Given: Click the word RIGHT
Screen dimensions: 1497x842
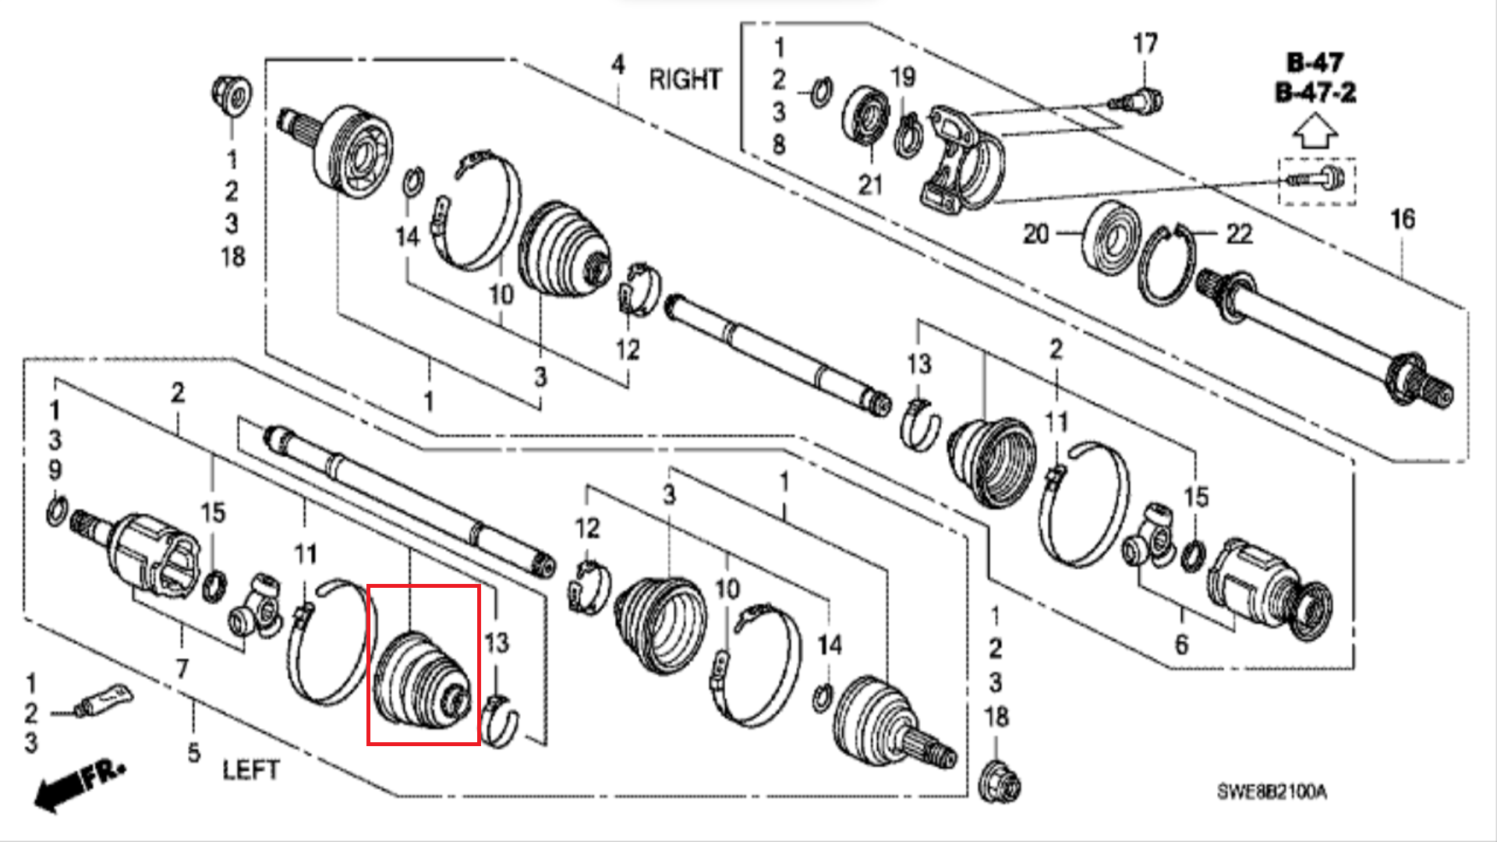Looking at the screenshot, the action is coord(685,80).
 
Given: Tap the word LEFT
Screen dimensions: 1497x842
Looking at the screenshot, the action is coord(250,770).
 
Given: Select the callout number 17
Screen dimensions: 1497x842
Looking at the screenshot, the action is coord(1145,44).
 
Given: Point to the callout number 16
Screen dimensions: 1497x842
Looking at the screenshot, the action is coord(1403,219).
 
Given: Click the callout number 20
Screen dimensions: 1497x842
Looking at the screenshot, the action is coord(1035,233).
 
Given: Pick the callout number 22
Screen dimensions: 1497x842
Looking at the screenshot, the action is coord(1239,233).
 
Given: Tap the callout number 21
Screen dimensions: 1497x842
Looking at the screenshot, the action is coord(870,185).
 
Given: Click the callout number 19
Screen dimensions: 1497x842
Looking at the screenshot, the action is coord(903,77).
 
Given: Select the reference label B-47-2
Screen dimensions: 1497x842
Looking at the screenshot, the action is coord(1315,93).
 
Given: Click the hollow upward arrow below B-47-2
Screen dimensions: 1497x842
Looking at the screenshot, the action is coord(1315,130).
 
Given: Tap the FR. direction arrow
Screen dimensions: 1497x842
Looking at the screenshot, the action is coord(80,785).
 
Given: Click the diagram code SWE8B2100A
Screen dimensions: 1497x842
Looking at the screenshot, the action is coord(1272,792).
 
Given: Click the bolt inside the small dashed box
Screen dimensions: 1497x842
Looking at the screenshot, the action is coord(1316,179).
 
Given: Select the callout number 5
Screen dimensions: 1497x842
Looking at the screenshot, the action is coord(194,753).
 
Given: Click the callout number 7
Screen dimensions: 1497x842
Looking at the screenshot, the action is coord(182,668).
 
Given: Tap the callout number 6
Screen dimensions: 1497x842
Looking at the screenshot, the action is coord(1182,645).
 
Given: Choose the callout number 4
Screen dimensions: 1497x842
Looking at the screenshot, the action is coord(618,64).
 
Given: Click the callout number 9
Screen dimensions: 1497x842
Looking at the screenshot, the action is coord(55,470).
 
